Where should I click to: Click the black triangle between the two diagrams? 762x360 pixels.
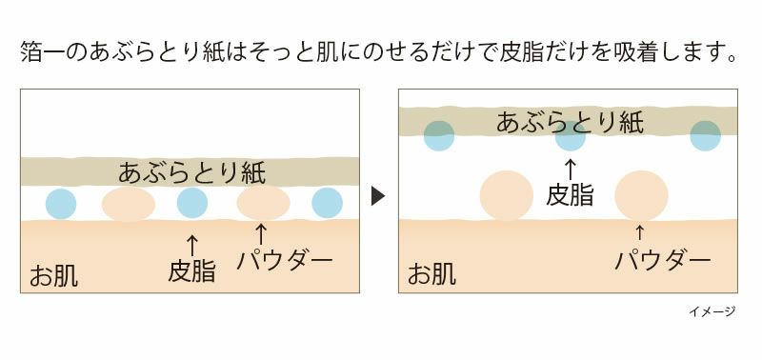(377, 196)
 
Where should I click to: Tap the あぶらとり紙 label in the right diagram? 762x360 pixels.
(570, 122)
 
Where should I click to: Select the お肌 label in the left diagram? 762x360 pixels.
(53, 276)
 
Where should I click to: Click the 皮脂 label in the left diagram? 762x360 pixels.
(191, 271)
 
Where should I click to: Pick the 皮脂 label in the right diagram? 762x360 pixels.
(571, 195)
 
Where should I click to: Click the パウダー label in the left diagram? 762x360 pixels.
(284, 259)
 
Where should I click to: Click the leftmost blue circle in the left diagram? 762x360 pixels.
(60, 203)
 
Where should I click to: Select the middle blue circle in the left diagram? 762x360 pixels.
(191, 203)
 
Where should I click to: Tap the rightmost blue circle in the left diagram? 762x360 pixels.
(327, 203)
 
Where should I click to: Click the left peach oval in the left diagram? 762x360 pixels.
(129, 204)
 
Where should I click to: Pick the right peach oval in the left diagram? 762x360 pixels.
(263, 204)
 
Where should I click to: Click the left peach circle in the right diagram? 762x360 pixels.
(506, 195)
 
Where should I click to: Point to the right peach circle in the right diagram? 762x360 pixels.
(640, 195)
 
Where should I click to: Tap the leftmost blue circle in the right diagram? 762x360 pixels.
(439, 136)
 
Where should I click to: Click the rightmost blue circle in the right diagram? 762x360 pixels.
(705, 136)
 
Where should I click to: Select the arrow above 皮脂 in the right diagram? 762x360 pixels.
(571, 170)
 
